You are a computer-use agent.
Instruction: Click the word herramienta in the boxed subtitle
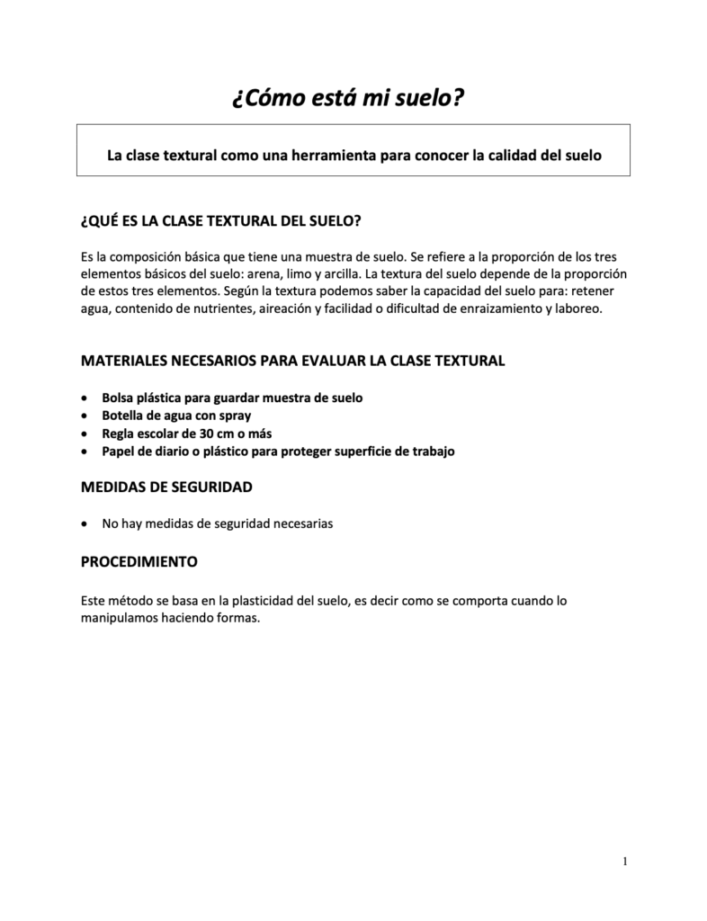326,155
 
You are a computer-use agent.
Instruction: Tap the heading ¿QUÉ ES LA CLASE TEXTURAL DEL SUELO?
221,220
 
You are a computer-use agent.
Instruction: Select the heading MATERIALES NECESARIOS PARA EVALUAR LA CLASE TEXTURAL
293,361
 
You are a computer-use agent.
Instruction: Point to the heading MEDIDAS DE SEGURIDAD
166,487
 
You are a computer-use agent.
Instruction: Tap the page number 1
624,863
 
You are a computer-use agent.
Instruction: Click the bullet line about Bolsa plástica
232,397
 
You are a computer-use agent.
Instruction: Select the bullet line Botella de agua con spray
176,415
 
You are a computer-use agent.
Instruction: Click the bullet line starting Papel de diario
278,451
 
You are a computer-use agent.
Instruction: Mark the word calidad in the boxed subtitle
509,155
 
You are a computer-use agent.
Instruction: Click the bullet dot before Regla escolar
85,433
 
